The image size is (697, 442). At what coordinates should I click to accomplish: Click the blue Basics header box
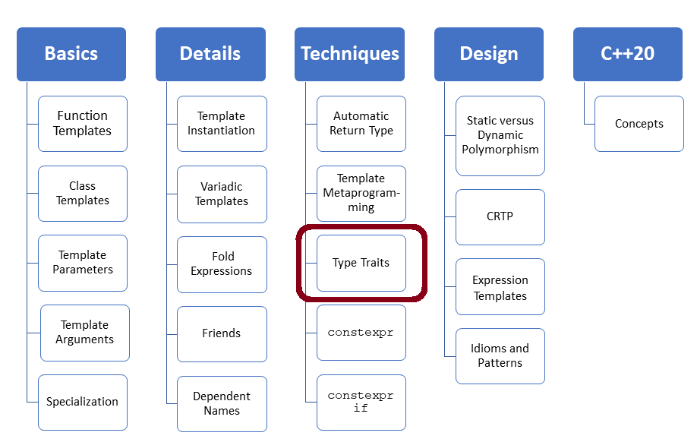pyautogui.click(x=71, y=54)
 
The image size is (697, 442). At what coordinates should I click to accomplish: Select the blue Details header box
pyautogui.click(x=210, y=54)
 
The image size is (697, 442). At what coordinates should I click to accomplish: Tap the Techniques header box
pyautogui.click(x=349, y=54)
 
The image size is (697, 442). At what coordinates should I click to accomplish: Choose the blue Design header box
pyautogui.click(x=489, y=54)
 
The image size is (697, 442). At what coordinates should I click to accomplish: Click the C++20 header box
pyautogui.click(x=628, y=54)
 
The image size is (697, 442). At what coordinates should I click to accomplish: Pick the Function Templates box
pyautogui.click(x=83, y=124)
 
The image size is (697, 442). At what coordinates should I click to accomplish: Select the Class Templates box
pyautogui.click(x=83, y=194)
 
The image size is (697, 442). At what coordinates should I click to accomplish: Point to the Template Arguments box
pyautogui.click(x=85, y=333)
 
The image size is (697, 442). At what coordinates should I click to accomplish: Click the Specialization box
pyautogui.click(x=83, y=402)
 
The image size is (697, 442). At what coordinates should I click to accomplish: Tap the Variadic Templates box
pyautogui.click(x=222, y=194)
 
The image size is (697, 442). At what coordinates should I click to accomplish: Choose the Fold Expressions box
pyautogui.click(x=222, y=264)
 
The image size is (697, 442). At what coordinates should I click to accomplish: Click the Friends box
pyautogui.click(x=222, y=333)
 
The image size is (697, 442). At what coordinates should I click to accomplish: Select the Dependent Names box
pyautogui.click(x=222, y=403)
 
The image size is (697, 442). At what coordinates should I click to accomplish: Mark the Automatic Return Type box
pyautogui.click(x=361, y=124)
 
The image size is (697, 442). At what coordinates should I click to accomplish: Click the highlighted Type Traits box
pyautogui.click(x=361, y=263)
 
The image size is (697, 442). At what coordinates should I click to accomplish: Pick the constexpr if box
pyautogui.click(x=361, y=402)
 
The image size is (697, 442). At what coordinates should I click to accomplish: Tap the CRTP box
pyautogui.click(x=500, y=217)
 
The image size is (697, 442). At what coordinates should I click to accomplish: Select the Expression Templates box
pyautogui.click(x=500, y=287)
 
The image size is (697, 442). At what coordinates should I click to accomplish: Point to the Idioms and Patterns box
pyautogui.click(x=500, y=356)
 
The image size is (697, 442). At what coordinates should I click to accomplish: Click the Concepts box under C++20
pyautogui.click(x=639, y=124)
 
